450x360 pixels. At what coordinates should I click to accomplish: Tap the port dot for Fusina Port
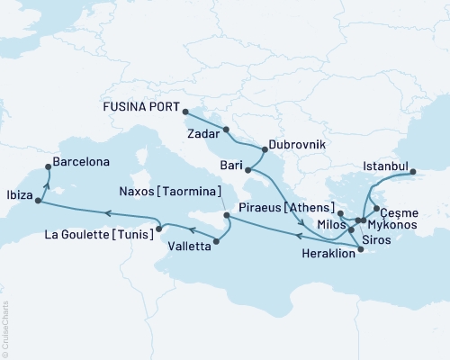(x=184, y=112)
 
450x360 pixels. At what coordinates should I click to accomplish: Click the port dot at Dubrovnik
(x=263, y=148)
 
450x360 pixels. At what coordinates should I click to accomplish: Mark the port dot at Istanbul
(x=412, y=171)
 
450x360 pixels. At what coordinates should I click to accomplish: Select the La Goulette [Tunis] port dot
(x=159, y=229)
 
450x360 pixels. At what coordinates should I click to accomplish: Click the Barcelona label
(x=82, y=163)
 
